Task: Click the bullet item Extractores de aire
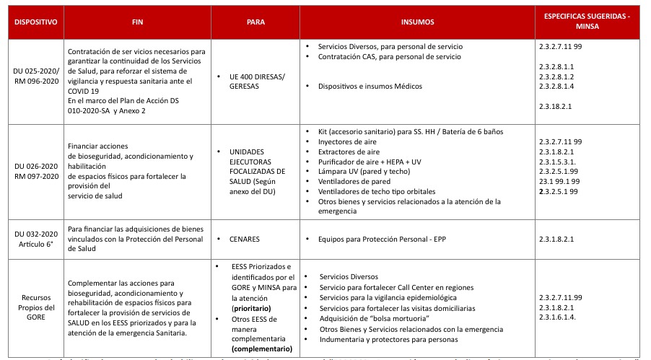click(x=351, y=152)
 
